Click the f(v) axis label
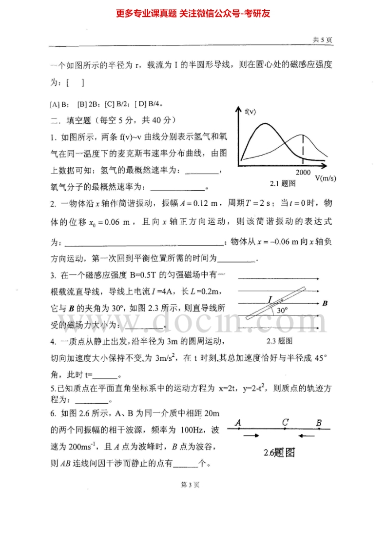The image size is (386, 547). click(x=250, y=112)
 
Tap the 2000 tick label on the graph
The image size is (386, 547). click(x=303, y=173)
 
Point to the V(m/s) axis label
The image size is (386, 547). click(x=325, y=178)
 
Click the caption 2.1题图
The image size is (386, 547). click(x=283, y=184)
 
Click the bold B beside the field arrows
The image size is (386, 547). click(x=325, y=303)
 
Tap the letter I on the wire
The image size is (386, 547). click(x=270, y=299)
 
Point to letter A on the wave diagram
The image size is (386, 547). click(x=237, y=423)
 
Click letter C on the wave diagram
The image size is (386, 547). click(x=285, y=422)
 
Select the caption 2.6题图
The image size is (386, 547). click(x=279, y=452)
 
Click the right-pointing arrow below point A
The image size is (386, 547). click(x=251, y=435)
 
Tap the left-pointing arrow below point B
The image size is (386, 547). click(x=309, y=435)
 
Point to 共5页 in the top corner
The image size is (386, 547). click(x=322, y=40)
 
